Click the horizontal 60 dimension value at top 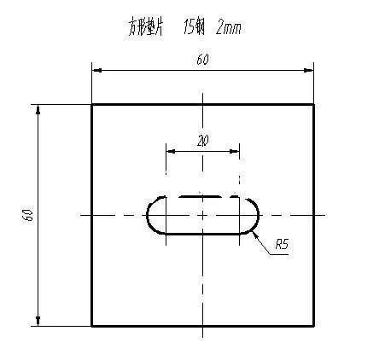[202, 60]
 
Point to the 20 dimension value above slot [202, 141]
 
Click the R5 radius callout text [282, 246]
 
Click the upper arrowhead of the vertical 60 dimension [38, 108]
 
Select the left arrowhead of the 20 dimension [170, 152]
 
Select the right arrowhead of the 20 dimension [236, 152]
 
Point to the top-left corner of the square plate [92, 104]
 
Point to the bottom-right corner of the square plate [314, 325]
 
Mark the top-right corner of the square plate [314, 104]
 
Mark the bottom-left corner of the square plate [92, 325]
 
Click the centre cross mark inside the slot [202, 215]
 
